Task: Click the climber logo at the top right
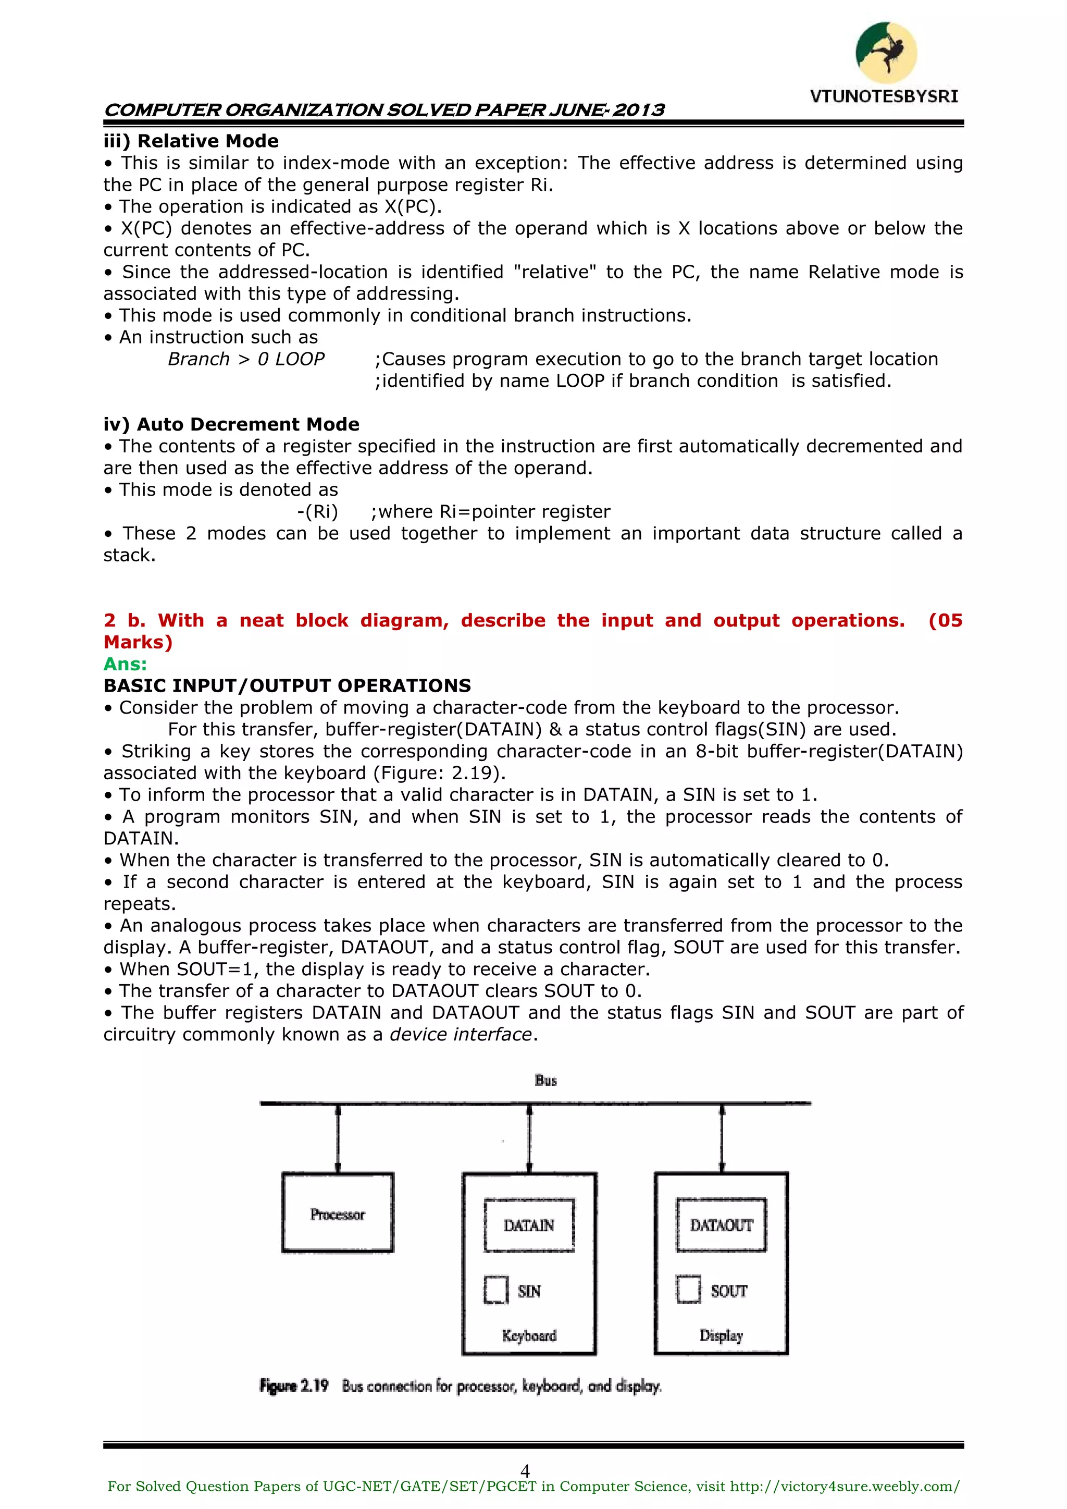(x=886, y=53)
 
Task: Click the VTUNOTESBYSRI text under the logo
(x=884, y=96)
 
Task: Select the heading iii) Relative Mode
(x=191, y=141)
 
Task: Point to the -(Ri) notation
(x=317, y=512)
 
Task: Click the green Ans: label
(x=125, y=664)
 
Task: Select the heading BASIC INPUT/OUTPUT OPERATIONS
(x=287, y=686)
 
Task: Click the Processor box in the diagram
(x=338, y=1212)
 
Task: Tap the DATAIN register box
(x=529, y=1225)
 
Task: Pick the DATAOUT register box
(x=721, y=1225)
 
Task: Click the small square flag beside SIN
(x=496, y=1290)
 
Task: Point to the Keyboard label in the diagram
(x=529, y=1335)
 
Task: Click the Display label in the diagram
(x=721, y=1335)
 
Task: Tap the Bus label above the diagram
(x=545, y=1081)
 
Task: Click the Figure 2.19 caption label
(x=294, y=1386)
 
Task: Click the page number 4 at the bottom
(x=525, y=1470)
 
